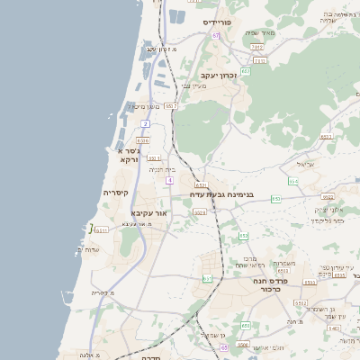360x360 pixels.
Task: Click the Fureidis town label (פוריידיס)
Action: [218, 21]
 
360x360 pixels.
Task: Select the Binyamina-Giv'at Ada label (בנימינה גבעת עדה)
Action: [221, 193]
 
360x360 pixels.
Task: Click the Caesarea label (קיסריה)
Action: [116, 193]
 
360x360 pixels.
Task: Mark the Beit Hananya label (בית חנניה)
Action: [162, 169]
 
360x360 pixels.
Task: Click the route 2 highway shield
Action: [145, 122]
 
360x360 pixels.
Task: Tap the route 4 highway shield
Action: [168, 180]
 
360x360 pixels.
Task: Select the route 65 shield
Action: [224, 346]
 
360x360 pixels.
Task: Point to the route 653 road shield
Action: [243, 236]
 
